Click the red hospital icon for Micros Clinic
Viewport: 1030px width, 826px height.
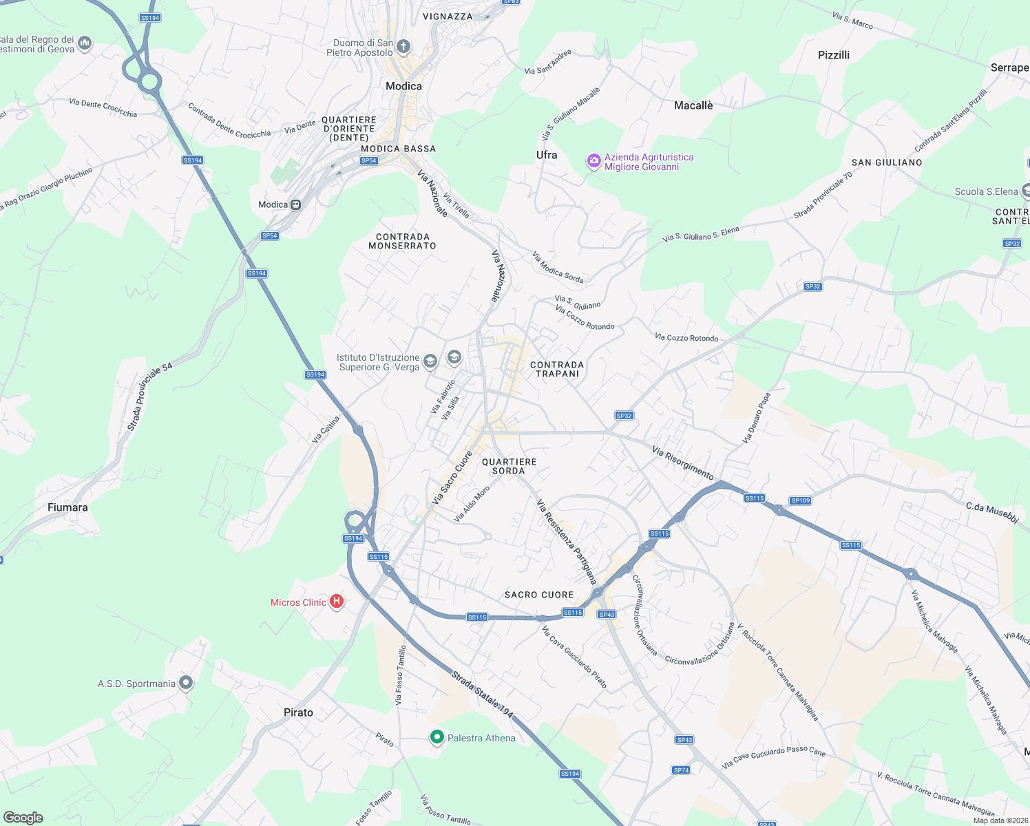(x=337, y=602)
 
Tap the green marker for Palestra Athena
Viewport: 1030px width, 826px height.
(x=437, y=737)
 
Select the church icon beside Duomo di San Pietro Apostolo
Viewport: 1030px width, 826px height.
(x=403, y=47)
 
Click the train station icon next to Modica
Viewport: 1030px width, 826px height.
(x=296, y=204)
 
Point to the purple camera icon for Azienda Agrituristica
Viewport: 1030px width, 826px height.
(x=593, y=161)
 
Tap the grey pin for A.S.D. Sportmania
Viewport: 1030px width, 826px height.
(x=186, y=683)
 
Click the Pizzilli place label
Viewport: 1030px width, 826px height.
(x=834, y=55)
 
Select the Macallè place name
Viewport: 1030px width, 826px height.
(x=693, y=105)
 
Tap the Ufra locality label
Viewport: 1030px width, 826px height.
(x=547, y=155)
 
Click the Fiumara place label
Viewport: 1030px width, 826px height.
(x=67, y=507)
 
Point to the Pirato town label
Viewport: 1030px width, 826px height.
(x=298, y=712)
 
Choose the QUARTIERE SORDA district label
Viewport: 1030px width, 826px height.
(x=509, y=467)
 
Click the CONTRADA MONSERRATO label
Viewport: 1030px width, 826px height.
(x=402, y=242)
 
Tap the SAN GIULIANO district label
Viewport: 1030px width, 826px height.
(x=887, y=162)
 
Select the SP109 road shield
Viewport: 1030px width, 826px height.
(x=801, y=500)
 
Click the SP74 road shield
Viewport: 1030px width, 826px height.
(x=681, y=770)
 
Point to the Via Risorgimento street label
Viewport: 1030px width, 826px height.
(x=683, y=463)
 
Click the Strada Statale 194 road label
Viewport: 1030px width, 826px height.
(x=483, y=694)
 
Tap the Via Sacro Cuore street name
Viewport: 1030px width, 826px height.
(x=452, y=478)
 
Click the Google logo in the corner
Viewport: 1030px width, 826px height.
(x=23, y=818)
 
